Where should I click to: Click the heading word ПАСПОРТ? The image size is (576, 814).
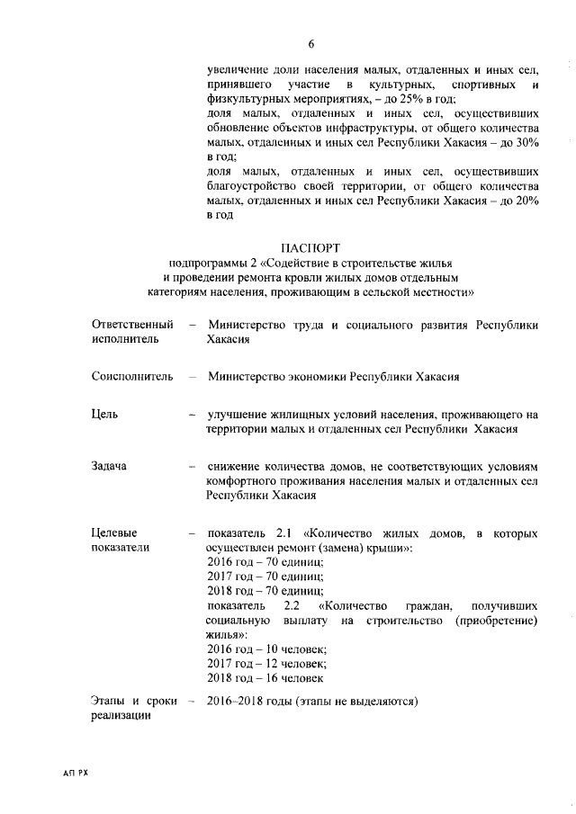pyautogui.click(x=310, y=247)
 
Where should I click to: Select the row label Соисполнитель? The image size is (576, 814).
pyautogui.click(x=131, y=377)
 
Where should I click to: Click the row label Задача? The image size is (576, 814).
pyautogui.click(x=109, y=466)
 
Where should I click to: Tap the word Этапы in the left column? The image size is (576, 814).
pyautogui.click(x=110, y=701)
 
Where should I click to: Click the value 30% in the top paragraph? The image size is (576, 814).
pyautogui.click(x=525, y=141)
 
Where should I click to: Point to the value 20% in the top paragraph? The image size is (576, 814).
pyautogui.click(x=525, y=200)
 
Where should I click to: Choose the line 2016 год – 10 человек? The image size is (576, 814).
pyautogui.click(x=265, y=649)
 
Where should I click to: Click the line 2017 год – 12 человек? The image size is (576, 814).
pyautogui.click(x=265, y=663)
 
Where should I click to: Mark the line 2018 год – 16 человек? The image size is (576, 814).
pyautogui.click(x=265, y=677)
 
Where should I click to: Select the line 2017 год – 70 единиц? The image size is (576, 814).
pyautogui.click(x=265, y=577)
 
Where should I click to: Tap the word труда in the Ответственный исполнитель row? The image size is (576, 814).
pyautogui.click(x=309, y=325)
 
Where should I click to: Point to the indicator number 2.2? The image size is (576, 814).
pyautogui.click(x=292, y=605)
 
